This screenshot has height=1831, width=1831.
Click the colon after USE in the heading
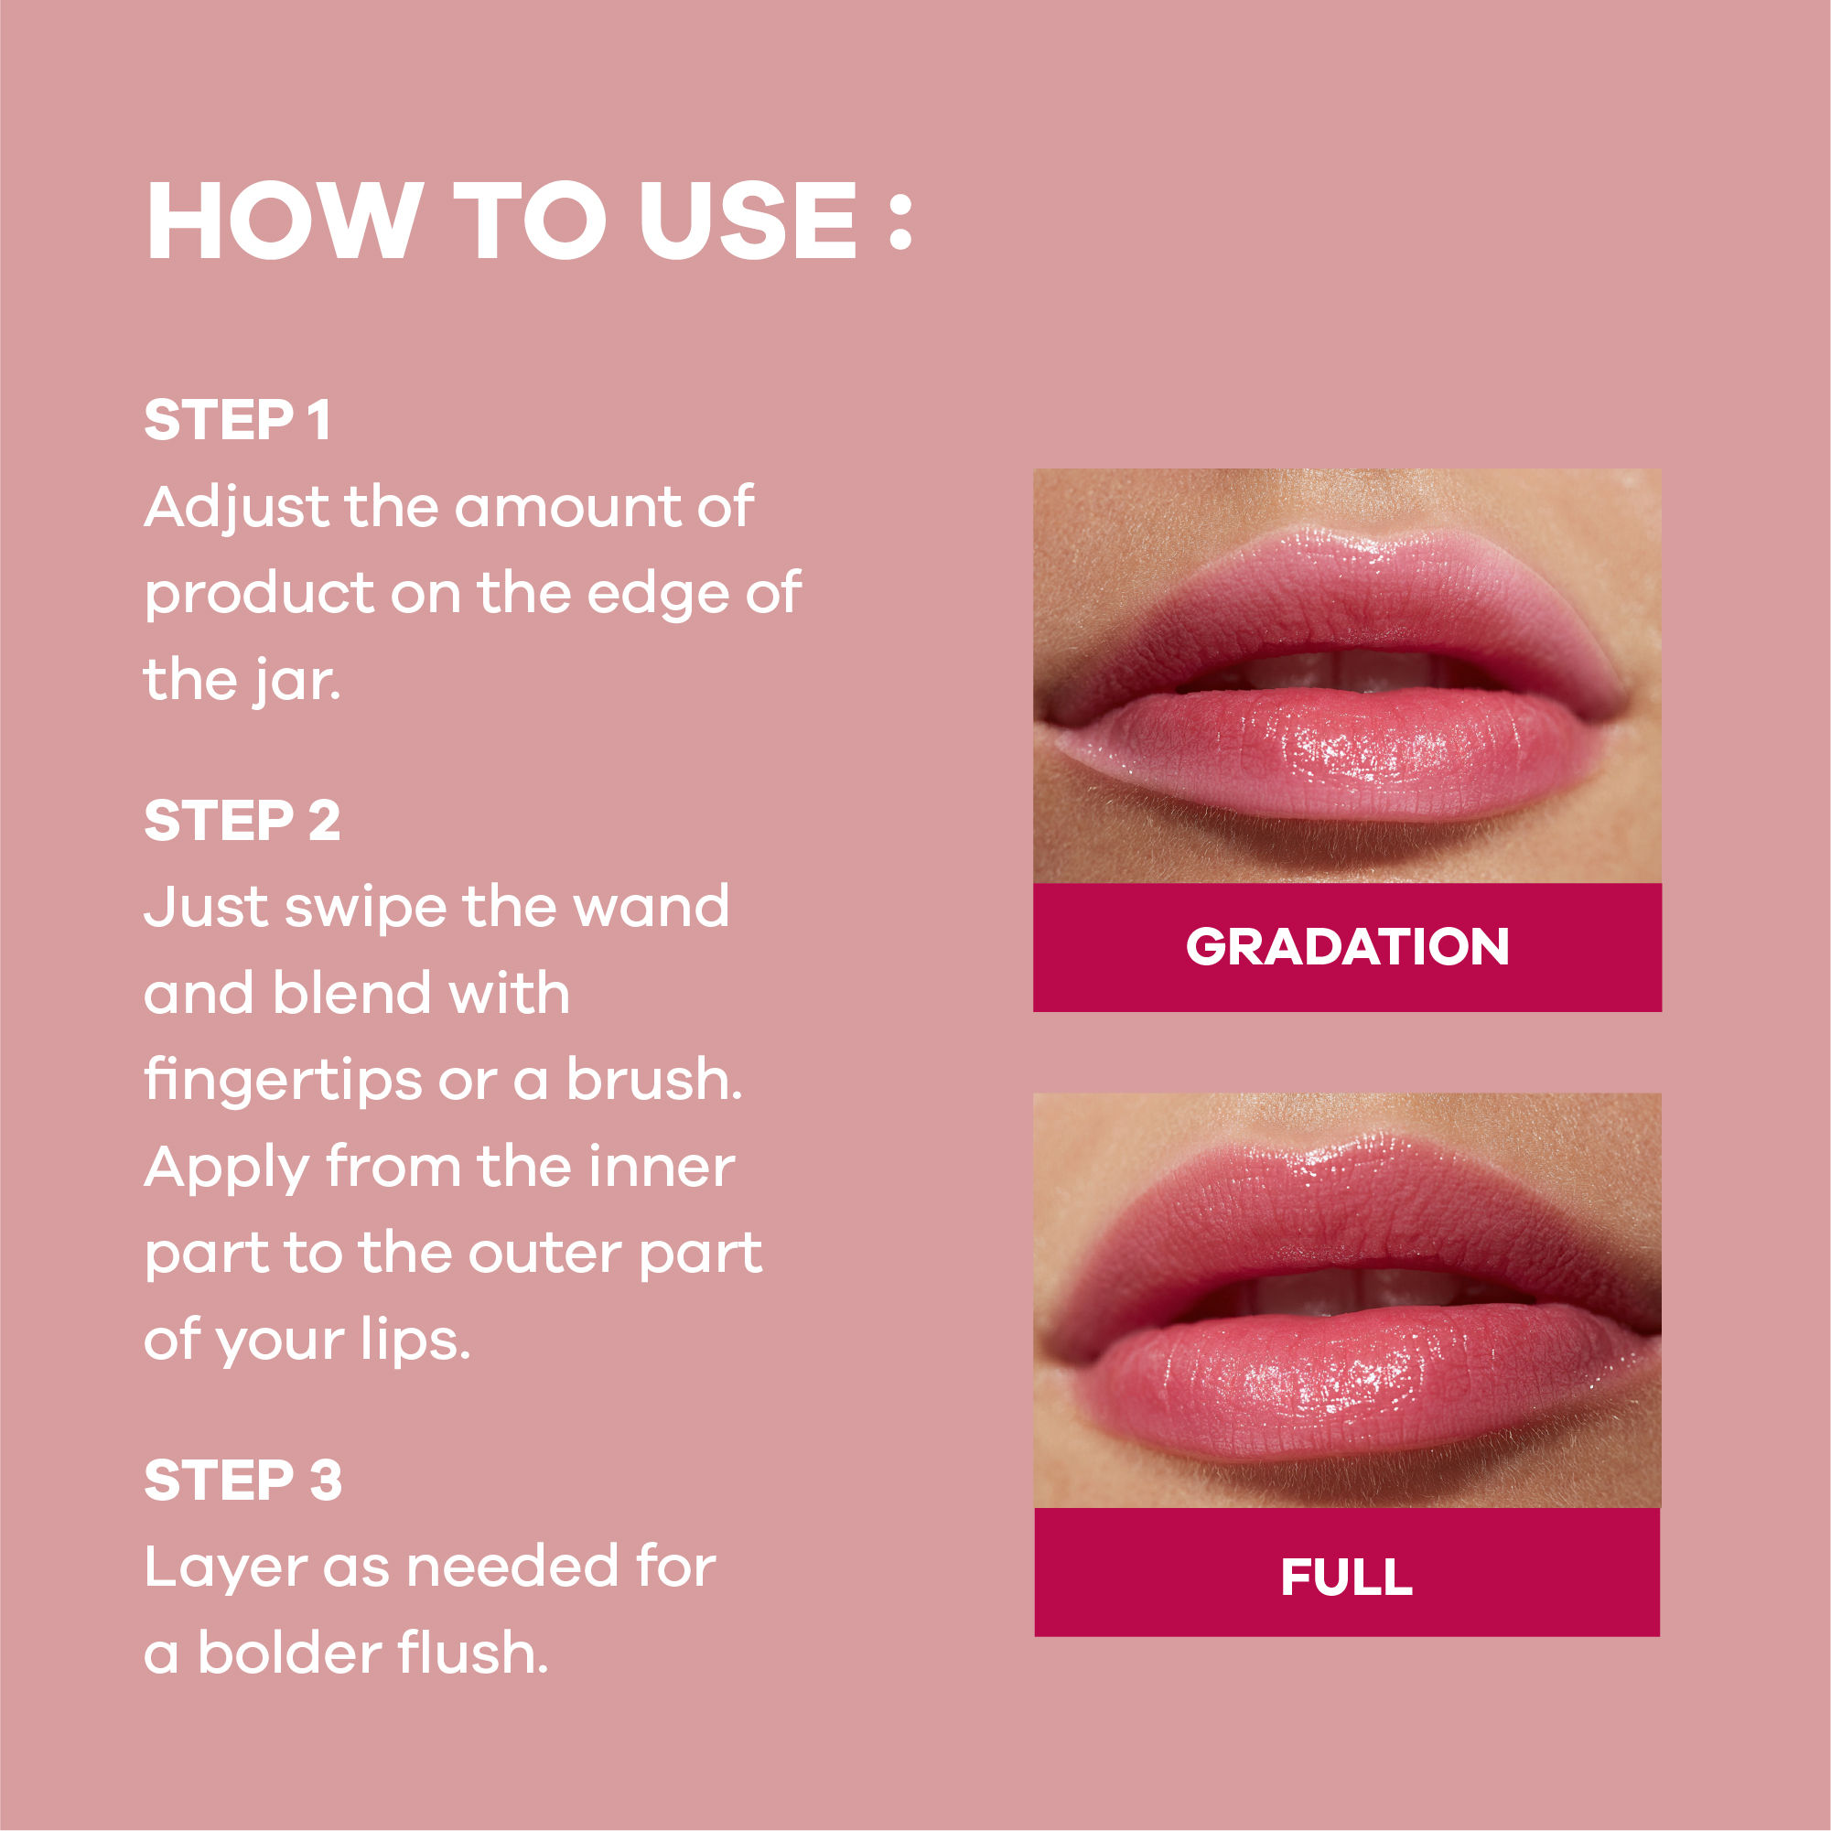point(900,224)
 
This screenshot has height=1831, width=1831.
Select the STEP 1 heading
point(237,420)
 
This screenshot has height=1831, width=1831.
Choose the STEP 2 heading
point(242,820)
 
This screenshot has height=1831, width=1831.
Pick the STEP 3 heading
point(242,1480)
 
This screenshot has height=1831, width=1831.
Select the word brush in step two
point(654,1080)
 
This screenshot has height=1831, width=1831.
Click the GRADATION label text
point(1347,947)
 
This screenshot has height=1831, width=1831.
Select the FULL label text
point(1347,1577)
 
